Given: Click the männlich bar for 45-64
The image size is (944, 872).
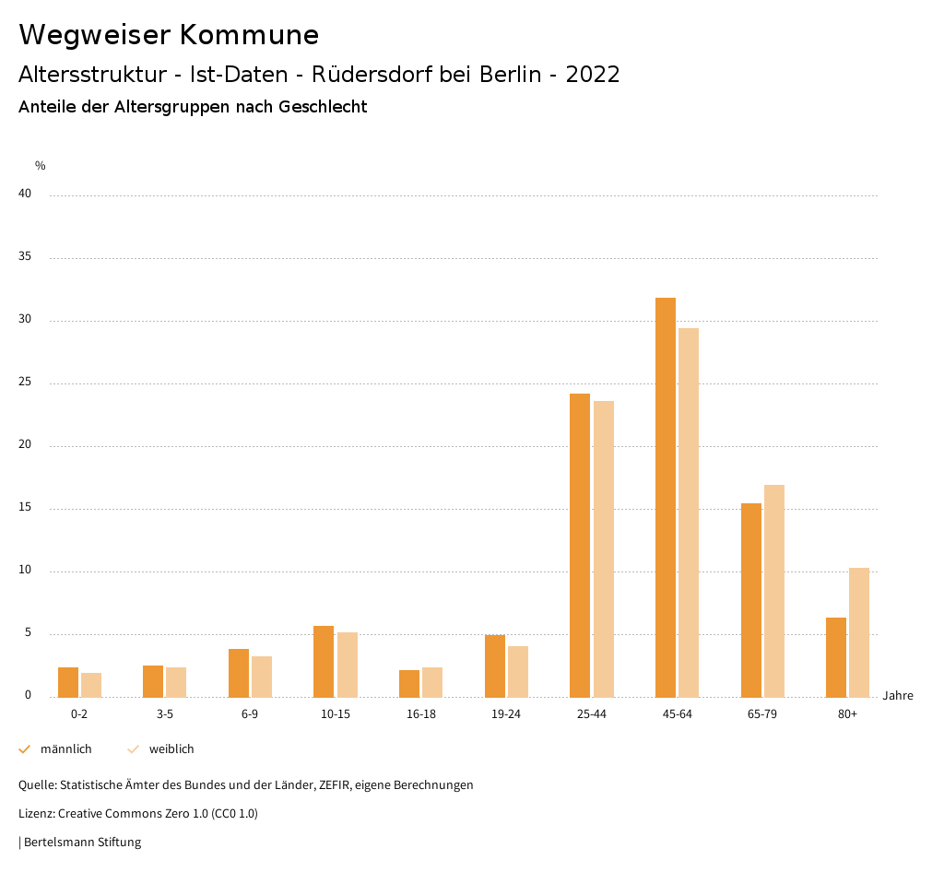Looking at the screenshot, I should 666,498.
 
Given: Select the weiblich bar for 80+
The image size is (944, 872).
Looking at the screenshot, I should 859,632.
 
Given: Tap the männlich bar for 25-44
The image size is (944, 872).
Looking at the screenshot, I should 580,546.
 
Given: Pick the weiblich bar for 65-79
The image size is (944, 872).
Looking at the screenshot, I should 774,591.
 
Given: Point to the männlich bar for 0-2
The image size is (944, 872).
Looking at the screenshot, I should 68,682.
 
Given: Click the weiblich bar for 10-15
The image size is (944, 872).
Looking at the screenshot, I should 348,665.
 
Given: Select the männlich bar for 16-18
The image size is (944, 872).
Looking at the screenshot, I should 409,683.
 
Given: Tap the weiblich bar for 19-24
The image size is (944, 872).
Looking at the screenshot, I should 518,671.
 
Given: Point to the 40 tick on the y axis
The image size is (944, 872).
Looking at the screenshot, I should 25,194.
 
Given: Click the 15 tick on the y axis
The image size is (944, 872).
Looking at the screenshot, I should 25,508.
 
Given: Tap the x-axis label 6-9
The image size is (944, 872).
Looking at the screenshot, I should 250,714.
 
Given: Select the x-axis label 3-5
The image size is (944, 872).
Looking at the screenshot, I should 165,714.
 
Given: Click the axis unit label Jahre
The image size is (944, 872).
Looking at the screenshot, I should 898,696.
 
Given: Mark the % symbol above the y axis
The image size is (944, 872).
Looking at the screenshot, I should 41,166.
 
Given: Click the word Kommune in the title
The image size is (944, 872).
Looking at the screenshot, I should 249,35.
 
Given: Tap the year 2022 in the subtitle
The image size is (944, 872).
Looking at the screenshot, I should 593,75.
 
